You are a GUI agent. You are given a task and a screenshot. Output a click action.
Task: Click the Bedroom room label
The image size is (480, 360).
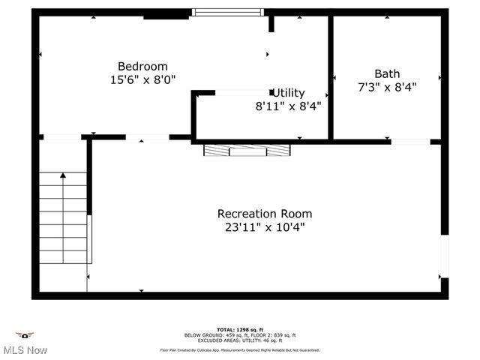pyautogui.click(x=142, y=66)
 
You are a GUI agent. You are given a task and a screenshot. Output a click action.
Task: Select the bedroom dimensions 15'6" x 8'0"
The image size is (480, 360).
pyautogui.click(x=142, y=79)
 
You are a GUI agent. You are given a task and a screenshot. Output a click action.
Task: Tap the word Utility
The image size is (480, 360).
pyautogui.click(x=289, y=93)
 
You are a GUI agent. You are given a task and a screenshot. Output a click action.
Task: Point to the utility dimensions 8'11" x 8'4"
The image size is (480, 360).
pyautogui.click(x=288, y=106)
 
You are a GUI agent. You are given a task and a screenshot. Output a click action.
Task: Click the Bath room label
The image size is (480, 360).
pyautogui.click(x=387, y=73)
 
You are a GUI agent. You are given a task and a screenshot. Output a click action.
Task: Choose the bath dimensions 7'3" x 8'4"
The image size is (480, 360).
pyautogui.click(x=387, y=86)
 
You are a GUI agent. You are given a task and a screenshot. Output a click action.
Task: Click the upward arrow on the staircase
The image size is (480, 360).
pyautogui.click(x=63, y=175)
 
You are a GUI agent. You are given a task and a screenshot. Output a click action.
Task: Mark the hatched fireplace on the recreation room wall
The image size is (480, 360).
pyautogui.click(x=247, y=150)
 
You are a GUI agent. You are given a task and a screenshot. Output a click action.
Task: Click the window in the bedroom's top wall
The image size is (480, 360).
pyautogui.click(x=228, y=12)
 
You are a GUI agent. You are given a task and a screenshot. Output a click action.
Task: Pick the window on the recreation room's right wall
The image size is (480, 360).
pyautogui.click(x=444, y=256)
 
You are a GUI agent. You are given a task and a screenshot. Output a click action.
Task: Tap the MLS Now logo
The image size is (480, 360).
pyautogui.click(x=25, y=344)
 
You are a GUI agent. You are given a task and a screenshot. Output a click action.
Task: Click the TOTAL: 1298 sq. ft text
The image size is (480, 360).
pyautogui.click(x=239, y=329)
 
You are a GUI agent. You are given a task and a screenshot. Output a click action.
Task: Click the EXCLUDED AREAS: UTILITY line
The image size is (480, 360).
pyautogui.click(x=239, y=340)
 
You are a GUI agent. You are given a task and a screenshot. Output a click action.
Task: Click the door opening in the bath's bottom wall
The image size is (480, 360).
pyautogui.click(x=410, y=141)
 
